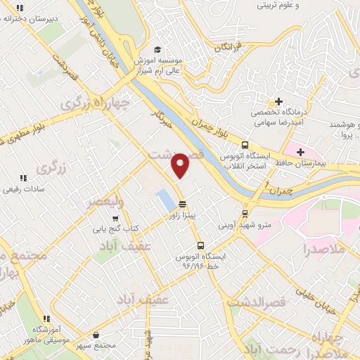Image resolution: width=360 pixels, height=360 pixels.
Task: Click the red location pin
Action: pyautogui.click(x=181, y=165)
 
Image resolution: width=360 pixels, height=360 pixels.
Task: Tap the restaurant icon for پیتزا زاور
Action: pyautogui.click(x=183, y=204)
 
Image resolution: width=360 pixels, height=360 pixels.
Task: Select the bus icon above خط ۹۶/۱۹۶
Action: pyautogui.click(x=201, y=246)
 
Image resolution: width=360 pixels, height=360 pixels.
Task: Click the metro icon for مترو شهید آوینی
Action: pyautogui.click(x=245, y=214)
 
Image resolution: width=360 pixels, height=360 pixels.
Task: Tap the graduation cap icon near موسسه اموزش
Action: pyautogui.click(x=157, y=49)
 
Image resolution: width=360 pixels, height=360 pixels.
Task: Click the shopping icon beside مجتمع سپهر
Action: pyautogui.click(x=96, y=335)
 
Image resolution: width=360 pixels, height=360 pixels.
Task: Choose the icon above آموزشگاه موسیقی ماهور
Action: pyautogui.click(x=46, y=319)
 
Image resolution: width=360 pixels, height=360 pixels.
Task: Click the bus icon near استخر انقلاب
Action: pyautogui.click(x=244, y=143)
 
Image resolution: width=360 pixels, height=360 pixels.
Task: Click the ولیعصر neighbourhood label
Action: pyautogui.click(x=105, y=201)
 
